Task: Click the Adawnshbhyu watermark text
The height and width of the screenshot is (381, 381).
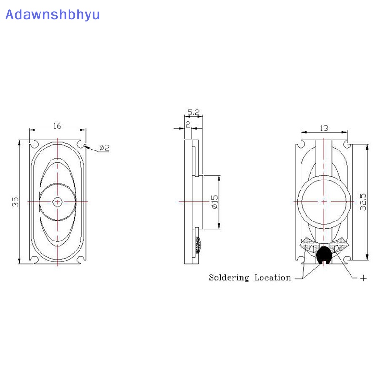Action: tap(52, 15)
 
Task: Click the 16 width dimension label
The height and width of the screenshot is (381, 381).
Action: tap(57, 126)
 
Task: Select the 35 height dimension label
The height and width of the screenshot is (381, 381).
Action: tap(15, 201)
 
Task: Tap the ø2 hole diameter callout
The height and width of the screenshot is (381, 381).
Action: tap(104, 148)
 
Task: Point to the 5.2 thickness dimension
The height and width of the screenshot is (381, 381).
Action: tap(193, 112)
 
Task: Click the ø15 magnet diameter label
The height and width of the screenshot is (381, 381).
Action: tap(215, 201)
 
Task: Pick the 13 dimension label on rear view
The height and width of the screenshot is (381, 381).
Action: tap(324, 128)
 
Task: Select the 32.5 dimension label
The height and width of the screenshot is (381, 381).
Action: tap(363, 201)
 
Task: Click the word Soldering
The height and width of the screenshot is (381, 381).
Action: tap(229, 278)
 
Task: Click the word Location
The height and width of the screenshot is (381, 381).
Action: tap(272, 277)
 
